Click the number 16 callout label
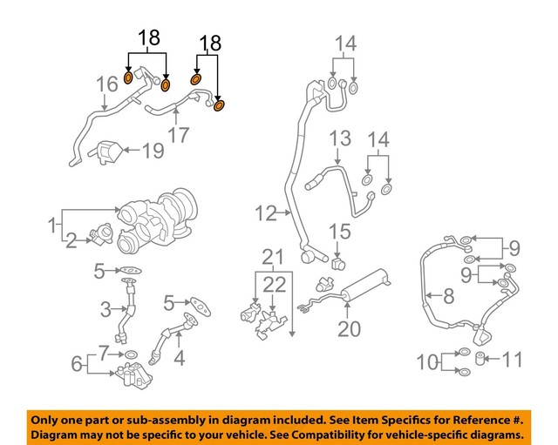tap(106, 84)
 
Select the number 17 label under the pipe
tap(179, 135)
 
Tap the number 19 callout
tap(153, 152)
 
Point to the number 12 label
tap(264, 212)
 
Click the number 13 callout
tap(339, 138)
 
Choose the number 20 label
tap(349, 328)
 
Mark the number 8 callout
tap(448, 296)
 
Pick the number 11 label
tap(514, 358)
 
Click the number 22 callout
tap(274, 284)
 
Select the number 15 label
tap(339, 232)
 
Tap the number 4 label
tap(180, 357)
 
